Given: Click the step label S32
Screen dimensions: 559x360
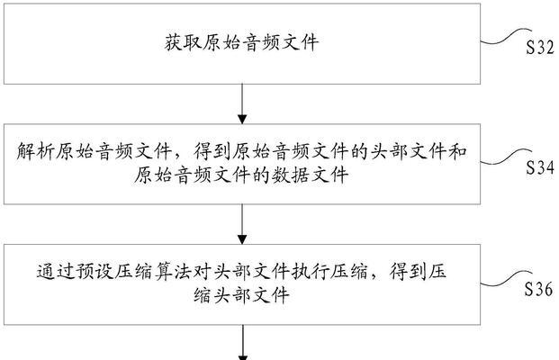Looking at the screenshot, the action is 540,47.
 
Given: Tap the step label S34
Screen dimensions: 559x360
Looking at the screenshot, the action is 540,167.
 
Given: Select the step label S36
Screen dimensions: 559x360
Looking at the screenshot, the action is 538,288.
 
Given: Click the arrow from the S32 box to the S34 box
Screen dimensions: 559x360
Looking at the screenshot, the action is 242,104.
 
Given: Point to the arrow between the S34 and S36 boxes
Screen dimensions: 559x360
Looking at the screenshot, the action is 242,225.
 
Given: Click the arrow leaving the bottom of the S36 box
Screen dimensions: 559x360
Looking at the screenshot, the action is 243,342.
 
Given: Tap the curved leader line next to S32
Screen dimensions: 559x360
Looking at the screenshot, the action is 506,38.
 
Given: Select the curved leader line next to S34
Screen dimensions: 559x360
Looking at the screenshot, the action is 506,157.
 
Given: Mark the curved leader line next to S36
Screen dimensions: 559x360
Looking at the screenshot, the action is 506,279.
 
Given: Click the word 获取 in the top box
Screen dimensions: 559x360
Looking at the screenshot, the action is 184,43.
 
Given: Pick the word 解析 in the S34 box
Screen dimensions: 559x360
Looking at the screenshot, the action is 35,151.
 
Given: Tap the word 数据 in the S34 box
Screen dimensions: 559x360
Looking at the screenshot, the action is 290,175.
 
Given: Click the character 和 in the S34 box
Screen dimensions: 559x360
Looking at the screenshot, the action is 457,151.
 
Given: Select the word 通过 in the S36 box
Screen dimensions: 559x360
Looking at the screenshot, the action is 56,272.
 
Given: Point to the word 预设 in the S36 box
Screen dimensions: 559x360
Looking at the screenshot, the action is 95,272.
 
